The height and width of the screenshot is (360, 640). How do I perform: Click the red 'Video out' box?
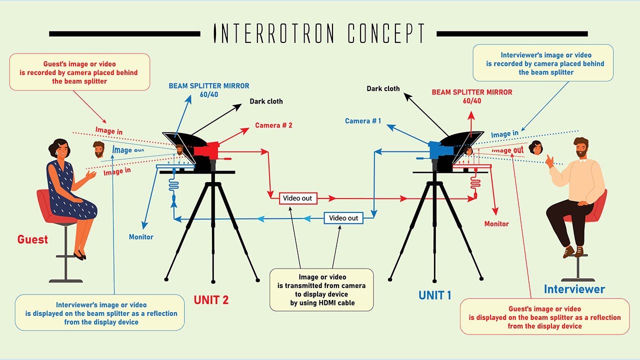point(297,198)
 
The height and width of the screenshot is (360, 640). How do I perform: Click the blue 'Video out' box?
point(343,218)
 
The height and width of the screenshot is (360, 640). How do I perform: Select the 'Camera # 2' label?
point(273,125)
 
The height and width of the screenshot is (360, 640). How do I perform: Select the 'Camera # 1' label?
point(363,121)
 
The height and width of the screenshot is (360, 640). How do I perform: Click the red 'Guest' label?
point(32,239)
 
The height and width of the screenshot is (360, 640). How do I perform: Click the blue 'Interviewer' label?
point(574,289)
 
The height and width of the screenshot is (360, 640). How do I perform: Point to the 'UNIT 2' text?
point(211,300)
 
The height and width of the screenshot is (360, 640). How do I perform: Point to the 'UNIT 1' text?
point(434,295)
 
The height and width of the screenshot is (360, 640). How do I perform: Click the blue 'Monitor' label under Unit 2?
point(141,237)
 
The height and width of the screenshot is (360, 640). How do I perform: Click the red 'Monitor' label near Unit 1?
point(496,224)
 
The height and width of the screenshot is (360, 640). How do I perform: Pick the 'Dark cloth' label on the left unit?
point(266,101)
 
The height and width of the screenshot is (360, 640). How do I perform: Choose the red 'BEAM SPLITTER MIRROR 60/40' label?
point(471,96)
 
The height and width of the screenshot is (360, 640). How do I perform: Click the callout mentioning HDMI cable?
point(321,289)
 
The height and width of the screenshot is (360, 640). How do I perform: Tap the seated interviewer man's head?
point(580,147)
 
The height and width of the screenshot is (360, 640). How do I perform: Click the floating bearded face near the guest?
point(99,148)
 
